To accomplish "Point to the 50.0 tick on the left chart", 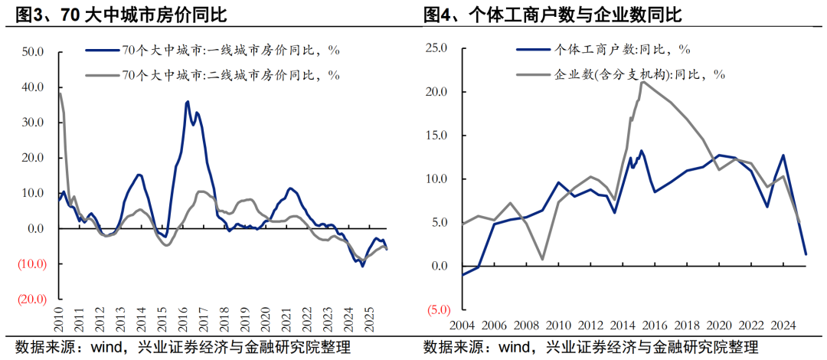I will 34,52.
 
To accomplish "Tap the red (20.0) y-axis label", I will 32,299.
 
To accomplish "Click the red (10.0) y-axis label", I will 32,264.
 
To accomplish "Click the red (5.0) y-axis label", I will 436,310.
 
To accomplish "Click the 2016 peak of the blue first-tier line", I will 188,101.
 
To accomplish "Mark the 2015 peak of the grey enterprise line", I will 642,82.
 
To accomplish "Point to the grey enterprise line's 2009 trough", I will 543,259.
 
